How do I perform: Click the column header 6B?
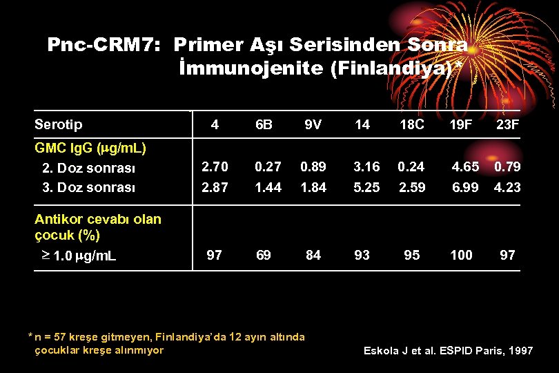pyautogui.click(x=264, y=125)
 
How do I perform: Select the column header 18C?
pyautogui.click(x=412, y=125)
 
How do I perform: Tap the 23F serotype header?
pyautogui.click(x=507, y=125)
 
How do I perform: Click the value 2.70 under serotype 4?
pyautogui.click(x=213, y=166)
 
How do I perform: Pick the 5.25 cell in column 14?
pyautogui.click(x=366, y=187)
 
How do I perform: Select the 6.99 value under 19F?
pyautogui.click(x=465, y=187)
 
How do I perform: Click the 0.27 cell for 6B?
pyautogui.click(x=268, y=166)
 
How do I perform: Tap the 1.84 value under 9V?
pyautogui.click(x=313, y=187)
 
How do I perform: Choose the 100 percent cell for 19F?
pyautogui.click(x=461, y=256)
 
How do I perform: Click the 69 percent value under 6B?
pyautogui.click(x=263, y=256)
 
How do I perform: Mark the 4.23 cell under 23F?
pyautogui.click(x=507, y=187)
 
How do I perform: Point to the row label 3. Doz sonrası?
pyautogui.click(x=89, y=187)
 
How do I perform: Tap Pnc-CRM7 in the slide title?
pyautogui.click(x=104, y=45)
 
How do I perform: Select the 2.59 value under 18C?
pyautogui.click(x=412, y=187)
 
